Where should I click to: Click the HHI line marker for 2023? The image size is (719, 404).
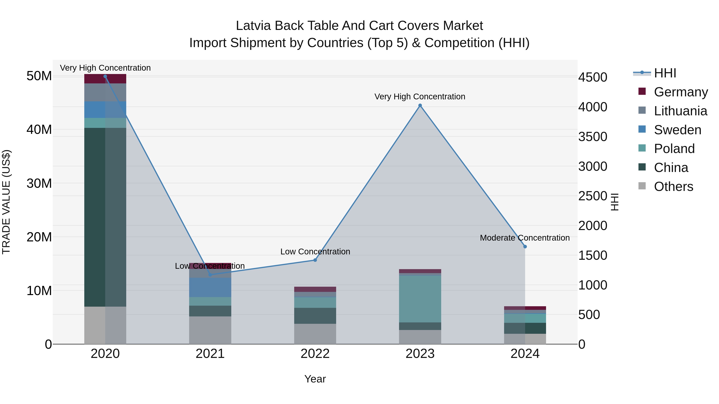point(420,105)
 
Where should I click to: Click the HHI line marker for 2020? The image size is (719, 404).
point(105,76)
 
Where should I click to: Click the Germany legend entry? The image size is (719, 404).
point(673,92)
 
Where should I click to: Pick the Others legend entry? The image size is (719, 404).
point(665,187)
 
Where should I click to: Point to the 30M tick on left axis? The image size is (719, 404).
point(39,183)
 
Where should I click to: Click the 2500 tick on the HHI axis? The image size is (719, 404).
point(593,196)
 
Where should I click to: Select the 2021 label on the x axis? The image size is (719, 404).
point(210,354)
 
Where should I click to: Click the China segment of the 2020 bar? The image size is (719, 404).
point(105,217)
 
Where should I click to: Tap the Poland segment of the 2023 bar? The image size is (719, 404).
point(420,299)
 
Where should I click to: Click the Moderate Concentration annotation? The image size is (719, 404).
point(524,238)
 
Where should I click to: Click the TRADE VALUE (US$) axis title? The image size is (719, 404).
point(6,202)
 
